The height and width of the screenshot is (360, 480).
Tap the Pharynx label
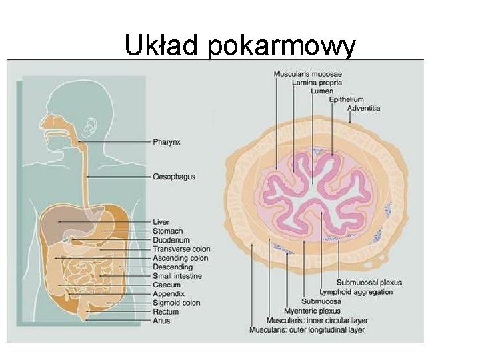(167, 142)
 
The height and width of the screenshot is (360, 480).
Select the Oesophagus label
(173, 177)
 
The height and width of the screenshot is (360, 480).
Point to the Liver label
(161, 222)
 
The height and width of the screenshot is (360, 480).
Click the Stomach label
(167, 231)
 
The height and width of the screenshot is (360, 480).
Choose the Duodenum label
(171, 240)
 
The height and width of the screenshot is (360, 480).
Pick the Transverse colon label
(181, 249)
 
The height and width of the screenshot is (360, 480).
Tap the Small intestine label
(177, 276)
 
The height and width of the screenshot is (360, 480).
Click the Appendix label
(169, 293)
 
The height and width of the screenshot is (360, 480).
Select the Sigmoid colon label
(176, 303)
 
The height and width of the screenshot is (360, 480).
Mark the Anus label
(161, 321)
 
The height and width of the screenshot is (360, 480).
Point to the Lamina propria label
(317, 83)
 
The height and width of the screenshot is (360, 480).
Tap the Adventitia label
(364, 108)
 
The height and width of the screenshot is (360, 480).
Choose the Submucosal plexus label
(369, 282)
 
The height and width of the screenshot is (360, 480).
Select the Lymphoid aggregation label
(356, 292)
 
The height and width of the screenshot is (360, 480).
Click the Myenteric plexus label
(311, 311)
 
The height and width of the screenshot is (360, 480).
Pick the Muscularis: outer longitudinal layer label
(306, 329)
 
